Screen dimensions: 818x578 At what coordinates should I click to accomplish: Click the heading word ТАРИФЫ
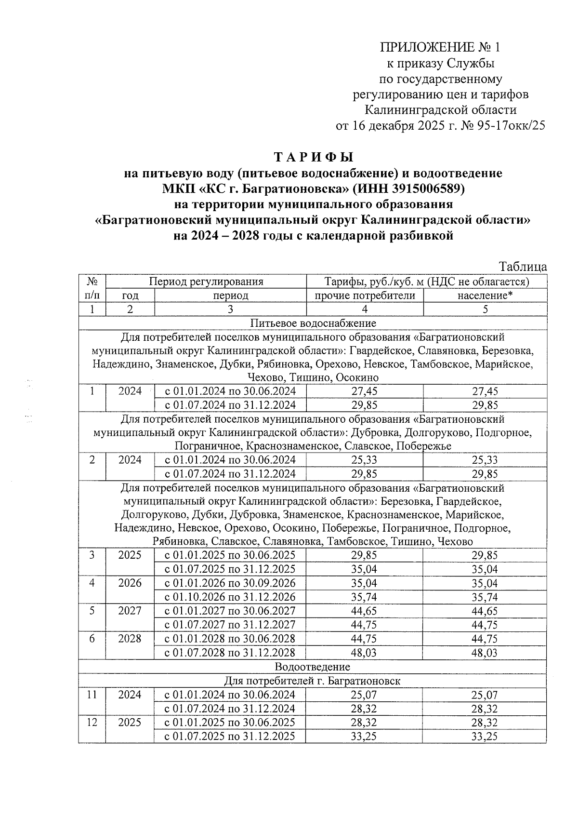[x=314, y=158]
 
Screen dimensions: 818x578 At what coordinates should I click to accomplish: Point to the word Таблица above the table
[x=523, y=267]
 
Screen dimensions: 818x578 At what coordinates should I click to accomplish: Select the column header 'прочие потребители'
[x=365, y=295]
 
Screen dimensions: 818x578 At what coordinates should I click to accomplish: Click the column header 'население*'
[x=485, y=295]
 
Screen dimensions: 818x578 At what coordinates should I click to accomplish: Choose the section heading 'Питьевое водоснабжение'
[x=313, y=323]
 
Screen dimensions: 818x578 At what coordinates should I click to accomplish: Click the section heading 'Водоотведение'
[x=313, y=667]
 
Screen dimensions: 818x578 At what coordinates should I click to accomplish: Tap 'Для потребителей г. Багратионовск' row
[x=313, y=681]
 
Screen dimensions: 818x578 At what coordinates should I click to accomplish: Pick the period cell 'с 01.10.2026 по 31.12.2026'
[x=230, y=597]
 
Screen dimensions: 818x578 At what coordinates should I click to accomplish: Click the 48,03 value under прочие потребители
[x=364, y=653]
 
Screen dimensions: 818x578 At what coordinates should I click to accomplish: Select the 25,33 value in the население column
[x=485, y=460]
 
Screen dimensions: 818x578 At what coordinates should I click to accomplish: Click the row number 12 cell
[x=92, y=723]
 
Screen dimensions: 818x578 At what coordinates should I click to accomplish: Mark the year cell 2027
[x=130, y=611]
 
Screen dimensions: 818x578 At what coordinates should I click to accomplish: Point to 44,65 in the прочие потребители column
[x=364, y=611]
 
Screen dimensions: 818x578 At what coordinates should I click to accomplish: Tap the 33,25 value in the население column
[x=485, y=737]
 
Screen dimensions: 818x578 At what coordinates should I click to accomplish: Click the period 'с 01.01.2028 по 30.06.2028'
[x=230, y=639]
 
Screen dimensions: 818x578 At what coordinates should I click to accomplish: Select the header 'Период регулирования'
[x=206, y=282]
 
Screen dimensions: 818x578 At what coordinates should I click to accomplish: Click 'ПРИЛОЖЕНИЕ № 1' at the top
[x=440, y=47]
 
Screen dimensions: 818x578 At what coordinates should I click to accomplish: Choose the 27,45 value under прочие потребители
[x=364, y=391]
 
